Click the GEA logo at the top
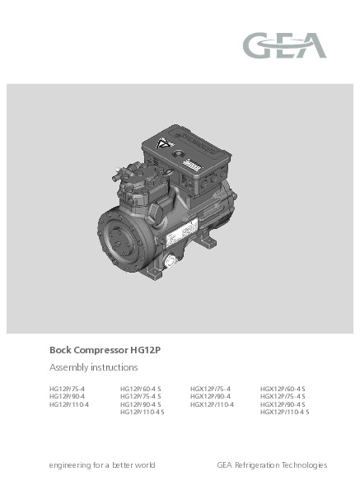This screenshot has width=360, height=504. pos(284,45)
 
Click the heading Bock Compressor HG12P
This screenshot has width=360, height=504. pos(105,350)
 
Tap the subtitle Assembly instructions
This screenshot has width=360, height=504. pos(94,367)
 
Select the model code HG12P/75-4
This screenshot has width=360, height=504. pos(67,389)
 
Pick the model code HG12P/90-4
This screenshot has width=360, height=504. pos(67,396)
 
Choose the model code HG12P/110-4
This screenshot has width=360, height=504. pos(68,404)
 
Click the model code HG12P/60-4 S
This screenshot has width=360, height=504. pos(141,389)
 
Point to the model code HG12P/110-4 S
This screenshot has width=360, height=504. pos(142,412)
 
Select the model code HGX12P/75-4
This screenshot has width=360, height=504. pos(210,389)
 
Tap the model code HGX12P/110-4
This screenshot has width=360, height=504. pos(212,404)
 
